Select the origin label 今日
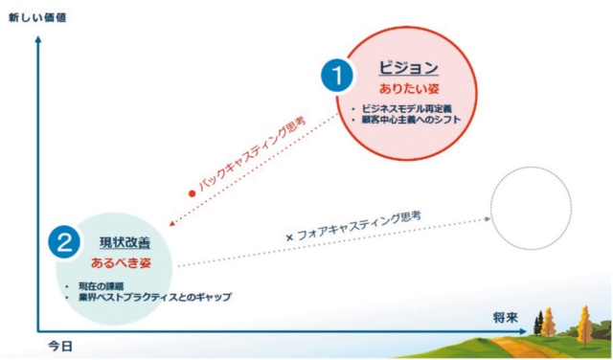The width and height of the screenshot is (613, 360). [x=59, y=344]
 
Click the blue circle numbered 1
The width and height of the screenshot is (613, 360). [x=337, y=75]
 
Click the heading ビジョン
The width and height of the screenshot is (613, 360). [x=408, y=68]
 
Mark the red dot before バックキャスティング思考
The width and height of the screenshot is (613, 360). [x=192, y=193]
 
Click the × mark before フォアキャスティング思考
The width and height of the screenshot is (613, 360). [x=288, y=236]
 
